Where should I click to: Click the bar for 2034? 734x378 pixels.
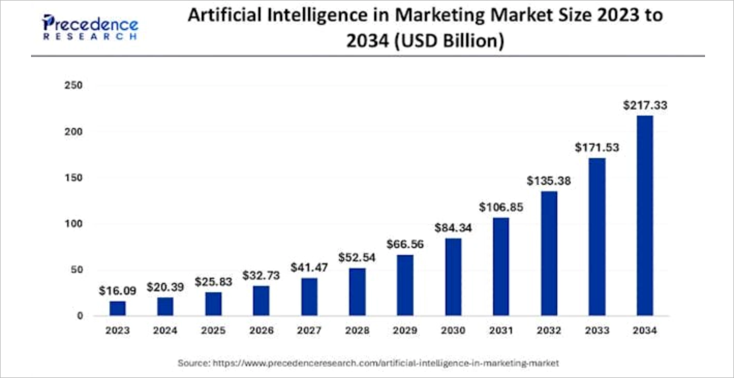[x=645, y=215]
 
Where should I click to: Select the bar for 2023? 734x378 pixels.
[x=117, y=308]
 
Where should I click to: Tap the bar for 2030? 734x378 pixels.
[x=453, y=277]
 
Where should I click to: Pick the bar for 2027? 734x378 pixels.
[x=310, y=297]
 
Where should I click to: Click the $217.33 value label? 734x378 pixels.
[x=645, y=105]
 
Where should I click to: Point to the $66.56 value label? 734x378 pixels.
[x=405, y=244]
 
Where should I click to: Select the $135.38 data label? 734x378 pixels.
[x=549, y=181]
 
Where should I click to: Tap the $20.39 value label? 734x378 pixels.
[x=165, y=287]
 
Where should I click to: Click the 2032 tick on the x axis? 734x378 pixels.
[x=549, y=330]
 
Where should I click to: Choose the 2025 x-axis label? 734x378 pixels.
[x=213, y=330]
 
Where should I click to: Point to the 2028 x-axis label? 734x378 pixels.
[x=357, y=330]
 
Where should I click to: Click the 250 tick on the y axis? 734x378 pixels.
[x=73, y=86]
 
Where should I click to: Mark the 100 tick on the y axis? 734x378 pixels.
[x=73, y=224]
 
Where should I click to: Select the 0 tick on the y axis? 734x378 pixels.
[x=80, y=316]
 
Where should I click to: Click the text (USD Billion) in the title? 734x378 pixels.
[x=449, y=41]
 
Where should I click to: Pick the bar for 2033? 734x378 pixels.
[x=597, y=237]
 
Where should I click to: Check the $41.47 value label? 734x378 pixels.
[x=310, y=267]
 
